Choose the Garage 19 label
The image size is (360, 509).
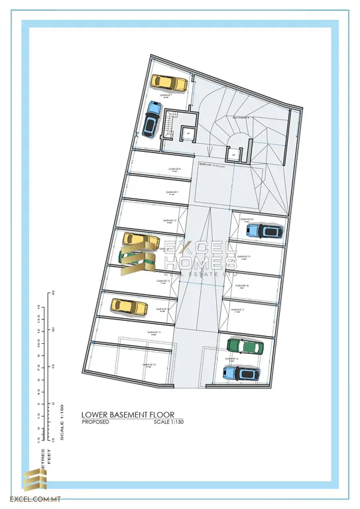click(x=243, y=256)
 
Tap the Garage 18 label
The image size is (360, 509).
click(x=242, y=284)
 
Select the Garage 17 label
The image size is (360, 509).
click(x=239, y=310)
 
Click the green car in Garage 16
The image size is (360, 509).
click(x=245, y=346)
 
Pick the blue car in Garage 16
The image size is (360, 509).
click(x=241, y=372)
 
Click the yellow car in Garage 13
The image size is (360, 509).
click(x=129, y=306)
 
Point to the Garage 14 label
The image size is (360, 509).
click(x=153, y=332)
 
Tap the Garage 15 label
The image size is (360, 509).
click(x=149, y=365)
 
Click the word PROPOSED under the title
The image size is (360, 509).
click(x=95, y=422)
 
